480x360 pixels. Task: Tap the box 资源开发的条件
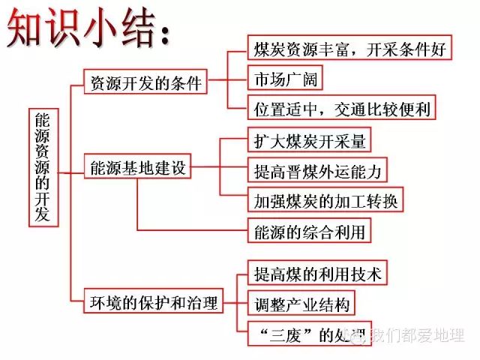click(x=145, y=83)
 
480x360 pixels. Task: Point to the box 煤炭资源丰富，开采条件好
click(x=349, y=50)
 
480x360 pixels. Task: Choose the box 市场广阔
click(x=281, y=78)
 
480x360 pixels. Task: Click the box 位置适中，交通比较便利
click(x=341, y=109)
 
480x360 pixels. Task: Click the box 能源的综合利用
click(x=309, y=232)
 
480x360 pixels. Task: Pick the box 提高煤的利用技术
click(x=318, y=274)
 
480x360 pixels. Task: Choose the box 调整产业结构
click(x=300, y=304)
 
